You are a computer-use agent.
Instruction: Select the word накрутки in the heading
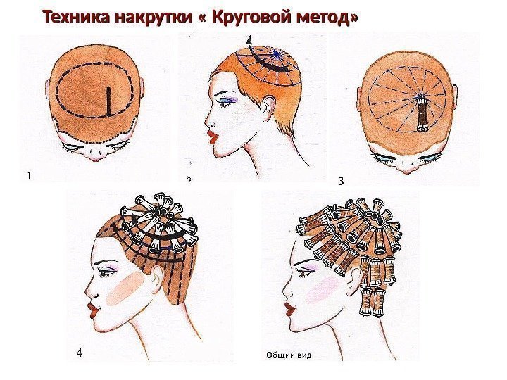[x=154, y=18]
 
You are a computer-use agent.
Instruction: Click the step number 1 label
[x=30, y=175]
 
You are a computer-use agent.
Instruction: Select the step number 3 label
[x=341, y=182]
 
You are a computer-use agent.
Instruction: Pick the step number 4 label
[x=79, y=353]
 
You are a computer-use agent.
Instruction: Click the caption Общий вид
[x=289, y=355]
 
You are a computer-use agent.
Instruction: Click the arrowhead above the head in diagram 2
[x=249, y=42]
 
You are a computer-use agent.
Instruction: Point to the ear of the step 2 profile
[x=269, y=108]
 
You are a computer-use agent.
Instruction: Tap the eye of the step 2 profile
[x=226, y=102]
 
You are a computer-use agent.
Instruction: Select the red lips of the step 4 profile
[x=93, y=310]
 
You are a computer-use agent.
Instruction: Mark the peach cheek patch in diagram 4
[x=125, y=289]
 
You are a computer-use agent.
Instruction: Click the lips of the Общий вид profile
[x=289, y=309]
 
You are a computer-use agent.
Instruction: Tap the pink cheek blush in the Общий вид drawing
[x=322, y=290]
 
